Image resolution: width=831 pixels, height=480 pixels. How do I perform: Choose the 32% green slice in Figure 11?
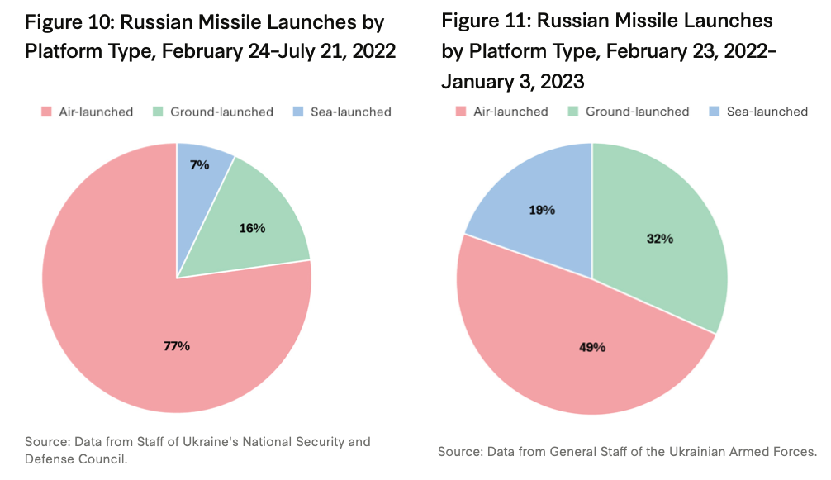point(662,239)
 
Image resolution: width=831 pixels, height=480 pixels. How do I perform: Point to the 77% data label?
point(177,346)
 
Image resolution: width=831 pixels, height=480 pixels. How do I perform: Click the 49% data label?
point(592,347)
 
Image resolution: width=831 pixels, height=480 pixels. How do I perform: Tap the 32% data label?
point(660,239)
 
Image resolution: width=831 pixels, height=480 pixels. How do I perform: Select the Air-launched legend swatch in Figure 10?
point(46,112)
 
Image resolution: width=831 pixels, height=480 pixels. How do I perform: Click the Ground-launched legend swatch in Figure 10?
point(158,112)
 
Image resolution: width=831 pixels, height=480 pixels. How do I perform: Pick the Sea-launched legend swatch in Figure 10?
point(298,112)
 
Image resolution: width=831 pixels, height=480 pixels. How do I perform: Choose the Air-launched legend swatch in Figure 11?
point(461,112)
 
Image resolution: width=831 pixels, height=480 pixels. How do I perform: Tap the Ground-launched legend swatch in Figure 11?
point(573,112)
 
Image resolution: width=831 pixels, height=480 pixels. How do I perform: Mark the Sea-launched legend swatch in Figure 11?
point(715,112)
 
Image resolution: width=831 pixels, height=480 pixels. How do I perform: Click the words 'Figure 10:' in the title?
point(69,23)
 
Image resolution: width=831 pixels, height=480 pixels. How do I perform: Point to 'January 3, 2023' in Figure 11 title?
point(512,82)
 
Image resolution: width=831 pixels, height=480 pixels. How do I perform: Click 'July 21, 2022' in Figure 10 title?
point(336,51)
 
